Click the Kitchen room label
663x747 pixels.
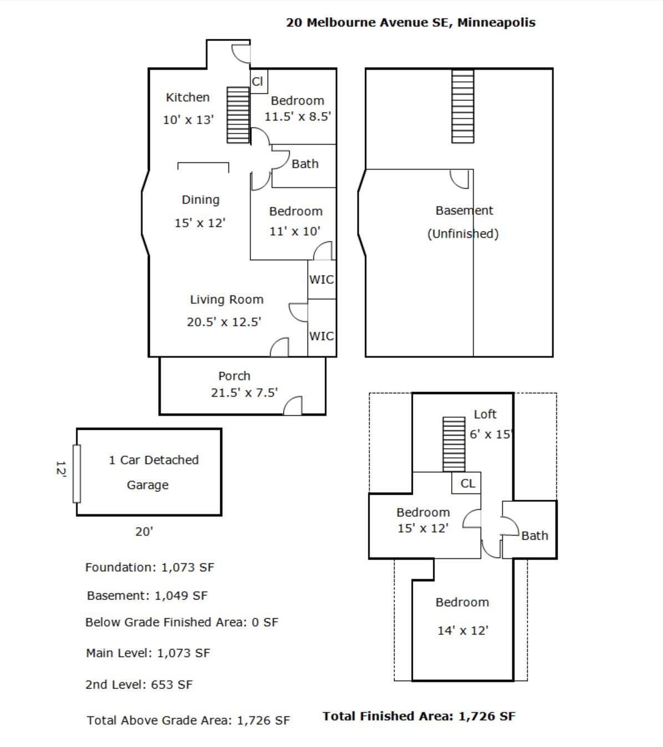188,98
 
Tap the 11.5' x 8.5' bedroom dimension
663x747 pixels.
298,116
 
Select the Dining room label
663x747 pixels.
201,200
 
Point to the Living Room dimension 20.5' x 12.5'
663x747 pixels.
224,322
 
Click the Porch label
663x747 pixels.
234,376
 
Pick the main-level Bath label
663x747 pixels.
305,164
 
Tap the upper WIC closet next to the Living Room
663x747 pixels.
322,280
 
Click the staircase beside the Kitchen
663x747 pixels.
238,115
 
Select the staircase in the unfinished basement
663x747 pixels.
463,106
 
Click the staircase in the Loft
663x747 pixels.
454,444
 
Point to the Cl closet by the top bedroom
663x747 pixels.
259,82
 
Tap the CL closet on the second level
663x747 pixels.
467,483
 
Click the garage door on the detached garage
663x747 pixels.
77,474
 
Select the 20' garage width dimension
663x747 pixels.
144,532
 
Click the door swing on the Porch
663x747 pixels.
292,405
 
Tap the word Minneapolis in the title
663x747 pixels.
497,23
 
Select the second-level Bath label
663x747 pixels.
535,536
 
